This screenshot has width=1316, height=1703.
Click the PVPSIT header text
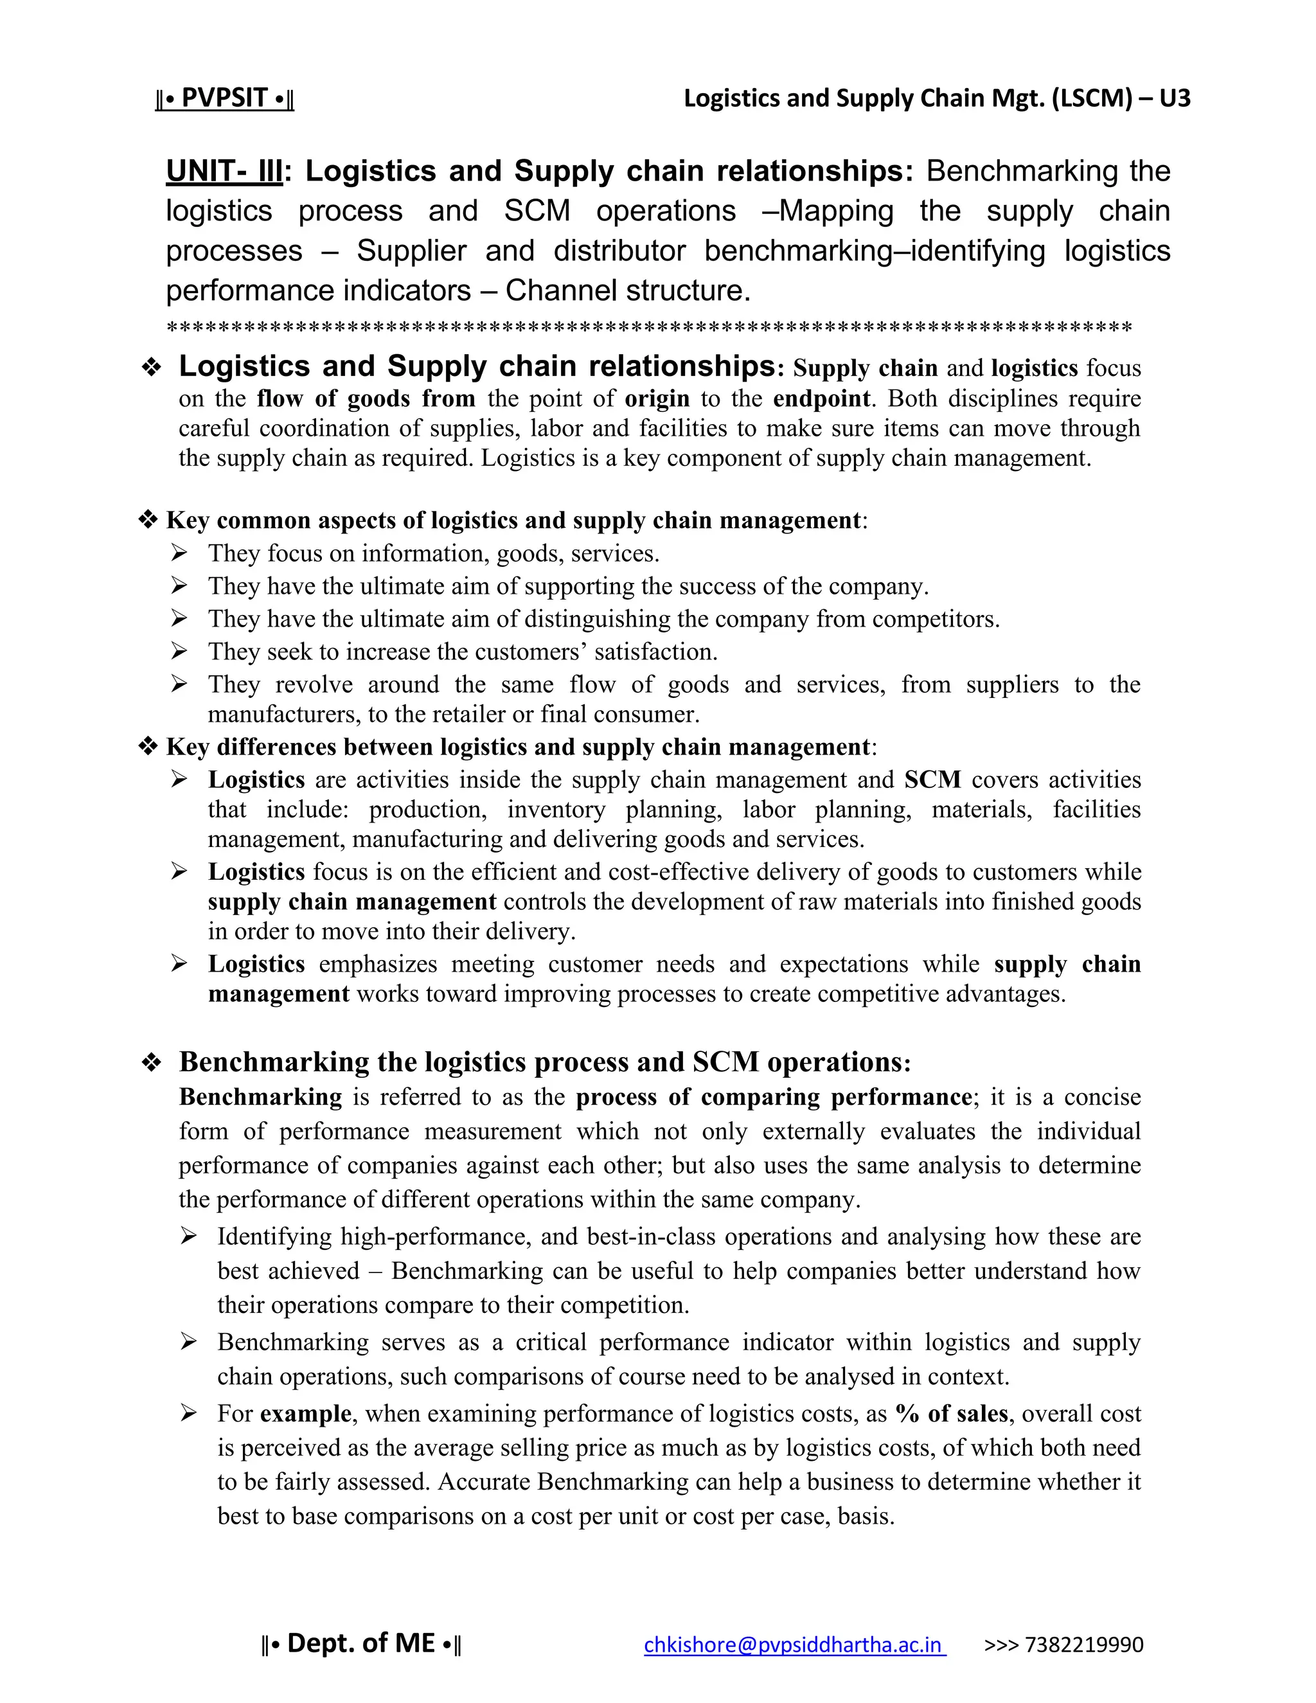pos(224,98)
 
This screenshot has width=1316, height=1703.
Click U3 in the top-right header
pos(1174,98)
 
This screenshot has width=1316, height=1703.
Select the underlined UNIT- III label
pos(224,172)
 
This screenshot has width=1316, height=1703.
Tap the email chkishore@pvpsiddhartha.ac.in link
pos(794,1645)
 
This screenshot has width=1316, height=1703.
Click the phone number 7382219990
pos(1083,1645)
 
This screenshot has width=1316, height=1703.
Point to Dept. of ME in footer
pos(361,1643)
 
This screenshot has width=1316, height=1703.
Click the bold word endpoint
pos(821,398)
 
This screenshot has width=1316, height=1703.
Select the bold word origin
pos(657,398)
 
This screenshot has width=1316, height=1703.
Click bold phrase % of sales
pos(951,1413)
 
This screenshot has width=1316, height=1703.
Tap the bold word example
pos(306,1413)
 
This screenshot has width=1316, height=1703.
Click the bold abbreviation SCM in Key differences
pos(932,780)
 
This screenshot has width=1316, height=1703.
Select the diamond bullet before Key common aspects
pos(147,520)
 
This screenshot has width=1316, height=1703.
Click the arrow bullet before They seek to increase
pos(179,651)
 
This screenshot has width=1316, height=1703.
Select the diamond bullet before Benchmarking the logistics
pos(151,1063)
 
